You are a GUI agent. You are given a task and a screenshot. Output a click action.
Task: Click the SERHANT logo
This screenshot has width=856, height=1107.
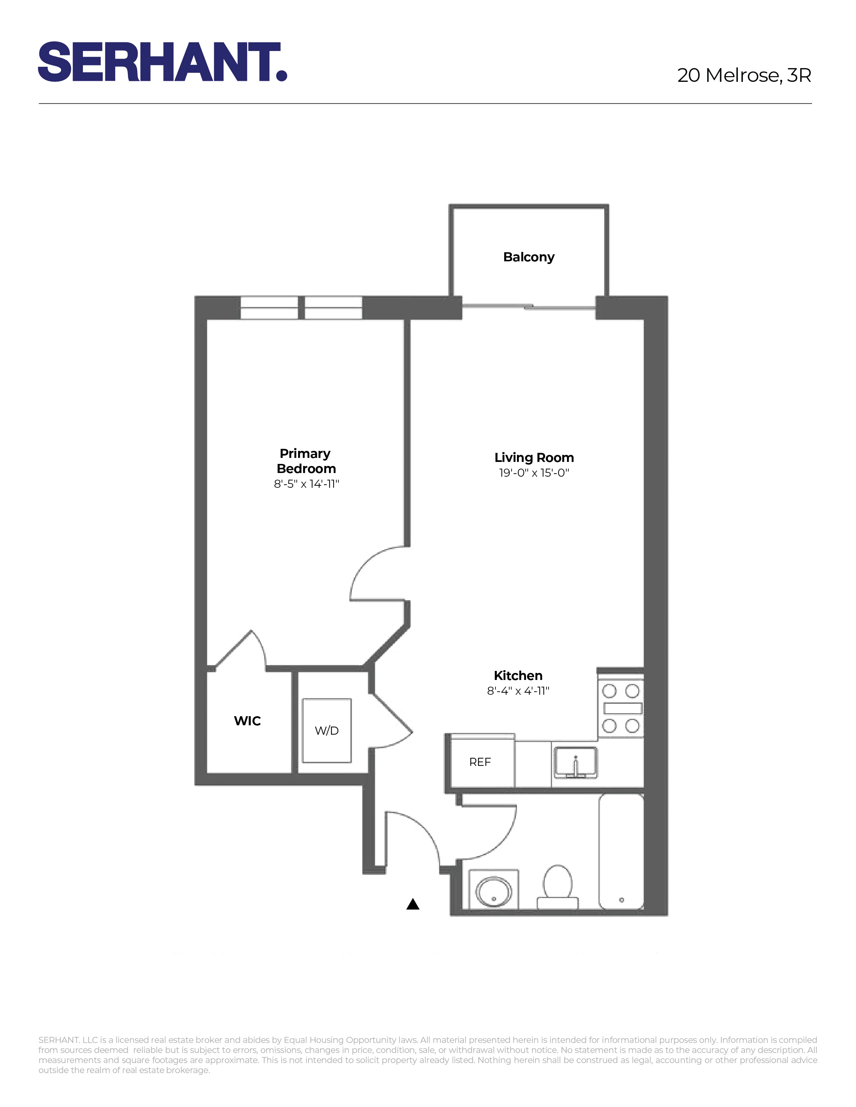[x=162, y=62]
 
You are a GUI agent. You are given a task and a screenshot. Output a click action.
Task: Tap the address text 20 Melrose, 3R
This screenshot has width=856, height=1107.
[x=744, y=75]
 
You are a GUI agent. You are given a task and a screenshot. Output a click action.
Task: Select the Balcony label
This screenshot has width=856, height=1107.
[x=528, y=257]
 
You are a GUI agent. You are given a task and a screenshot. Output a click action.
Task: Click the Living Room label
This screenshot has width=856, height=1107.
[x=534, y=458]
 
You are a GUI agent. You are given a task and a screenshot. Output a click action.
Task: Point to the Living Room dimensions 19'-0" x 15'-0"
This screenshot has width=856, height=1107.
[x=534, y=473]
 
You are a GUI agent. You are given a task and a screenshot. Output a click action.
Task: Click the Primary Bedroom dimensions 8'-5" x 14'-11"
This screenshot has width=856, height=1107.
[x=306, y=484]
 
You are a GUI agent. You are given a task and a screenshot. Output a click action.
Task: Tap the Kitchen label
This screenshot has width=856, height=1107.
[x=518, y=676]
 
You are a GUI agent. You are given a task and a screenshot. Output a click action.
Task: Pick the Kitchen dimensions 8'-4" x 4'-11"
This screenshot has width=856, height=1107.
[x=518, y=691]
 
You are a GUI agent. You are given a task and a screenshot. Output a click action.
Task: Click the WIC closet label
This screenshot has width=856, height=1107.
[x=247, y=721]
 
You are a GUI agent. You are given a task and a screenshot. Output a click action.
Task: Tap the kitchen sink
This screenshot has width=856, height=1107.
[x=575, y=762]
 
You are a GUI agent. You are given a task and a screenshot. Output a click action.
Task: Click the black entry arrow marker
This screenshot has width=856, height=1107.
[x=413, y=904]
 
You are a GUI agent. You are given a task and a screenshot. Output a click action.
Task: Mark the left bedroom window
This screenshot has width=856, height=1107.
[x=269, y=308]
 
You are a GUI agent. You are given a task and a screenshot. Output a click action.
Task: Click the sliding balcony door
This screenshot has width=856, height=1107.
[x=528, y=307]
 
